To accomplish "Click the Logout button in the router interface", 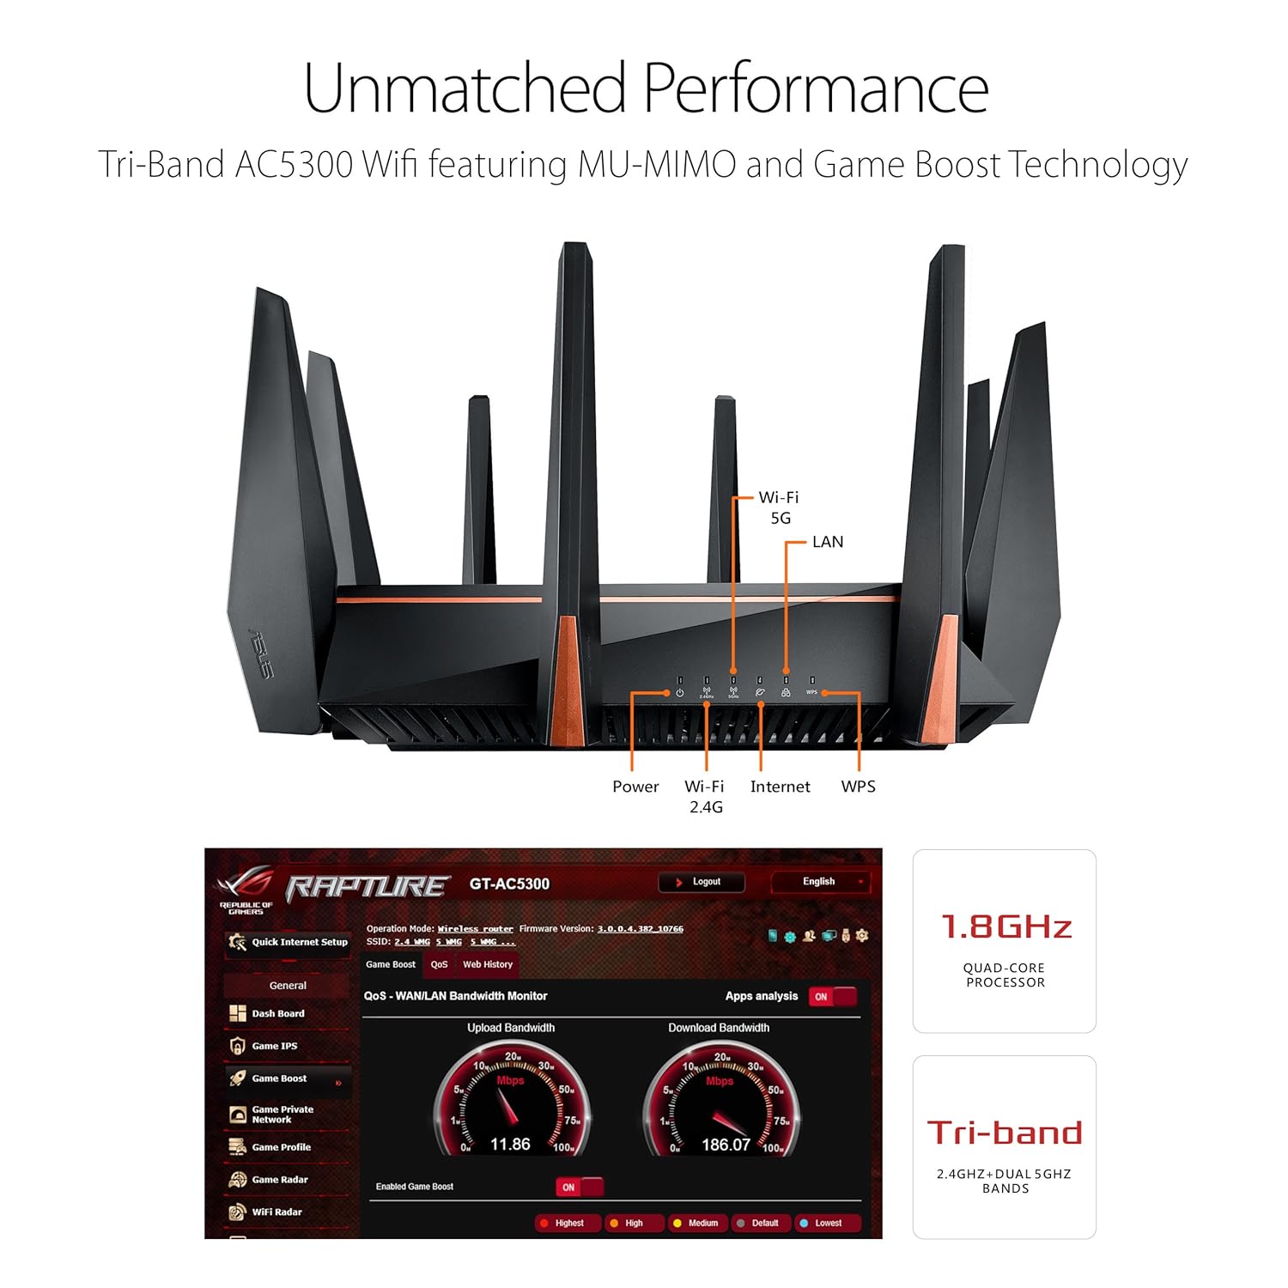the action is (x=701, y=882).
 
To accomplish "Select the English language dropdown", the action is (x=821, y=882).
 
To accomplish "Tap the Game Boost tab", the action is (x=391, y=964).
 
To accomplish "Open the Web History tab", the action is (x=488, y=964).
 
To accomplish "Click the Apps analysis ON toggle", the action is (x=832, y=997).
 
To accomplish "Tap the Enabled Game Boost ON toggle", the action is (x=580, y=1188).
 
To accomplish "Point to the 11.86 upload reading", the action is (x=510, y=1145).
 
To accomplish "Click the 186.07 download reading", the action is (x=726, y=1145).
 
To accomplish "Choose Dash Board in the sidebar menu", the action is (x=277, y=1014).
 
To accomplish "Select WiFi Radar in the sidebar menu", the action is (x=276, y=1212).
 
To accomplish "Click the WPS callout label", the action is (x=858, y=787).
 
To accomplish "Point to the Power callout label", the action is (x=635, y=787).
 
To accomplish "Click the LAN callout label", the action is (x=828, y=542).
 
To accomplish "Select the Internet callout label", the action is (x=780, y=787).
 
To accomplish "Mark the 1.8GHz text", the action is (x=1005, y=927).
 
